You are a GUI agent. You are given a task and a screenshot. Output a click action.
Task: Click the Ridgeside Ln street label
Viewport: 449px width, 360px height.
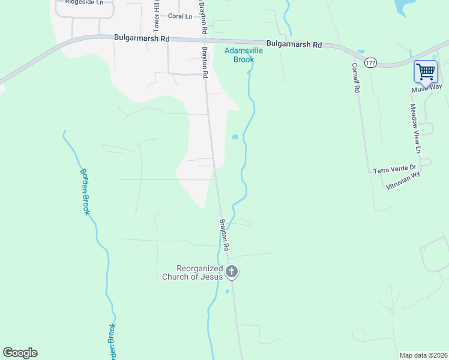82,2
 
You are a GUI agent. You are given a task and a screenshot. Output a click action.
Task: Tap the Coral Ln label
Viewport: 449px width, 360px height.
180,16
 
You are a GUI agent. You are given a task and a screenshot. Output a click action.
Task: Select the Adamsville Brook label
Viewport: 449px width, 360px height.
244,55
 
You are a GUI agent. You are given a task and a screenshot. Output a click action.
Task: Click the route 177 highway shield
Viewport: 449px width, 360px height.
371,63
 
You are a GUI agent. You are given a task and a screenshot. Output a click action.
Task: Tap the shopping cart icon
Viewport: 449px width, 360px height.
426,72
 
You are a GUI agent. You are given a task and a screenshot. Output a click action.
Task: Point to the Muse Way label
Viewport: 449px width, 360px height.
427,88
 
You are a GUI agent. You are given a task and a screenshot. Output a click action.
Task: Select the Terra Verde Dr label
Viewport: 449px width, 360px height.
394,169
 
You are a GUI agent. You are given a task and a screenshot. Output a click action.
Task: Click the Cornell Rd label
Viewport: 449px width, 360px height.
356,77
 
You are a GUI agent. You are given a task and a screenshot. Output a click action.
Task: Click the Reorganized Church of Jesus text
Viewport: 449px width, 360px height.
192,272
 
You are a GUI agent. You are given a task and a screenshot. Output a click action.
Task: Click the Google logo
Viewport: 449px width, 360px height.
20,353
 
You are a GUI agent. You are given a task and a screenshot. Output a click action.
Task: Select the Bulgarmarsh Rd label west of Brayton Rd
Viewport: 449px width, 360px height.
142,38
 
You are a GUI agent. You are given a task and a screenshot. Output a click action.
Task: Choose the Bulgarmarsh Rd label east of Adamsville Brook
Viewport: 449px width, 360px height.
294,44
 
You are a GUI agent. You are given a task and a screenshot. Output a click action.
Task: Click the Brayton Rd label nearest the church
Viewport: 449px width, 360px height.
224,235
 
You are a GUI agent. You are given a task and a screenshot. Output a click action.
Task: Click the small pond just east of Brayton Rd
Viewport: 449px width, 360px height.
235,137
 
